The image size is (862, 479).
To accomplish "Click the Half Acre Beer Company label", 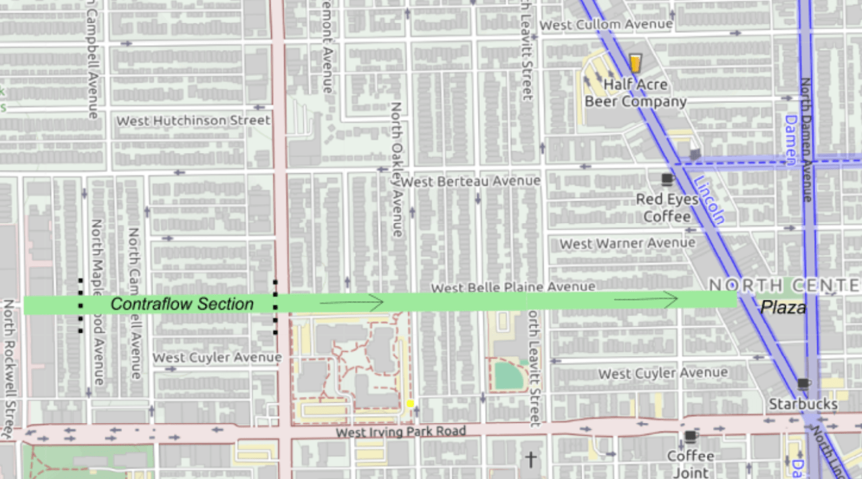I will pos(635,93).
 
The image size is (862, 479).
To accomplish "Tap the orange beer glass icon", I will pos(635,63).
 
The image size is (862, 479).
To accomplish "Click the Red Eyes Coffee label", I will pos(667,207).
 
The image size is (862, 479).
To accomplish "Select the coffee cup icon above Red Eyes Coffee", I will pos(667,179).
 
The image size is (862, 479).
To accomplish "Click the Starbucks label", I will pos(803,404).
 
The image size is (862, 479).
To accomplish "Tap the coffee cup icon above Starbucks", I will pos(803,384).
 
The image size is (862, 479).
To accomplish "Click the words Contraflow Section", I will pos(182,305).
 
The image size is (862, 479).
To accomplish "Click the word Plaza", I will pos(783,308).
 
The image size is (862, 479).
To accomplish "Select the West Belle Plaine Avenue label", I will pos(513,288).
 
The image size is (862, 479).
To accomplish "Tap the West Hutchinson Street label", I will pos(193,121).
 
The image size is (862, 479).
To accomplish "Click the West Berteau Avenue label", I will pos(471,181).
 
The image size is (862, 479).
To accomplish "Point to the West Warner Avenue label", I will pos(627,243).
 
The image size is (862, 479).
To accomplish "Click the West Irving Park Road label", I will pos(400,431).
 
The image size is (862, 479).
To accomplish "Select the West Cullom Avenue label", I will pos(607,25).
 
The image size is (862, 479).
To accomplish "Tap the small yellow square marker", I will pos(410,404).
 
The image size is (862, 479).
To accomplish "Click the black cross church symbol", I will pos(531,460).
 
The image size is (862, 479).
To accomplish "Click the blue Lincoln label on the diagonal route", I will pos(708,200).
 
